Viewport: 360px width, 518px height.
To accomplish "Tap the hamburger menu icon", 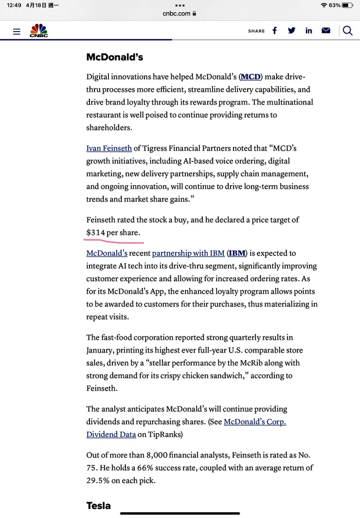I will pos(17,32).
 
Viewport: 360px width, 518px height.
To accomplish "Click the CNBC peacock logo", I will pos(39,31).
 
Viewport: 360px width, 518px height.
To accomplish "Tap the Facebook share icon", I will pos(274,31).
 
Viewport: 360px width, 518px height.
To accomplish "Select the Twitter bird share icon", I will pos(291,31).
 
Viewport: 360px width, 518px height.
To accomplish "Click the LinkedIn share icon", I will pos(308,31).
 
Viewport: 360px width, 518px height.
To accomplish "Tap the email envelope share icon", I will pos(326,31).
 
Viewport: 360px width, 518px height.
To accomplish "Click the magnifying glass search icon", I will pos(347,31).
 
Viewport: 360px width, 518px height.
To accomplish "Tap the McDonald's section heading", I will pos(114,57).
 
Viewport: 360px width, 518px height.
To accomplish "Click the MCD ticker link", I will pos(251,77).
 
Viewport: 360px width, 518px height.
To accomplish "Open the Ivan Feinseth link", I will pos(109,148).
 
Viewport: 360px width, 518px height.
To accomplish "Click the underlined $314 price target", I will pos(96,232).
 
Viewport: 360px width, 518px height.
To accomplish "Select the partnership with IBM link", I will pos(188,253).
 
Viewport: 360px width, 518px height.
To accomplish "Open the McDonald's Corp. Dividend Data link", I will pos(254,422).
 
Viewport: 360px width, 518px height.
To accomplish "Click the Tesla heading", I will pos(98,505).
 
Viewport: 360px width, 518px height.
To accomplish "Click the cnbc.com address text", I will pos(177,14).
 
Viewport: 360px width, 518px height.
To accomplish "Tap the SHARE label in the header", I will pos(256,31).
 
